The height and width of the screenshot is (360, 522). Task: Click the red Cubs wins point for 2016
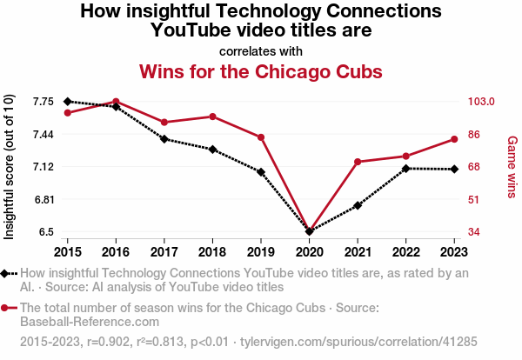coord(116,102)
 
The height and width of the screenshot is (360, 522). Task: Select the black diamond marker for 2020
coord(309,231)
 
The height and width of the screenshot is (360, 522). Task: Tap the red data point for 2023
coord(454,139)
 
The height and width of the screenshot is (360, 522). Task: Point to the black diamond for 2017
coord(164,139)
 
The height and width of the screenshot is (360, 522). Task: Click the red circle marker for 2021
coord(358,162)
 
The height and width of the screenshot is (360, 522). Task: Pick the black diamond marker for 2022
coord(405,168)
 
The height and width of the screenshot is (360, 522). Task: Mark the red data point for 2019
coord(261,137)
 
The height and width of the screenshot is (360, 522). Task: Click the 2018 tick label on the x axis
coord(212,251)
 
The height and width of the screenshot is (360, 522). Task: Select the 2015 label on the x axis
coord(68,251)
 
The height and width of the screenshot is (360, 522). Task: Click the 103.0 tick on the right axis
coord(481,102)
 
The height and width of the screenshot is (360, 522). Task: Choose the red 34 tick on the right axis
coord(474,232)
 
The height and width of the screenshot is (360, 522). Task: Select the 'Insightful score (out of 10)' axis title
coord(10,166)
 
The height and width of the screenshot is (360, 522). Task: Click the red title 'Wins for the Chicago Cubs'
coord(261,70)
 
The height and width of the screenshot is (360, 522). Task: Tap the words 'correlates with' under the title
coord(261,50)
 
